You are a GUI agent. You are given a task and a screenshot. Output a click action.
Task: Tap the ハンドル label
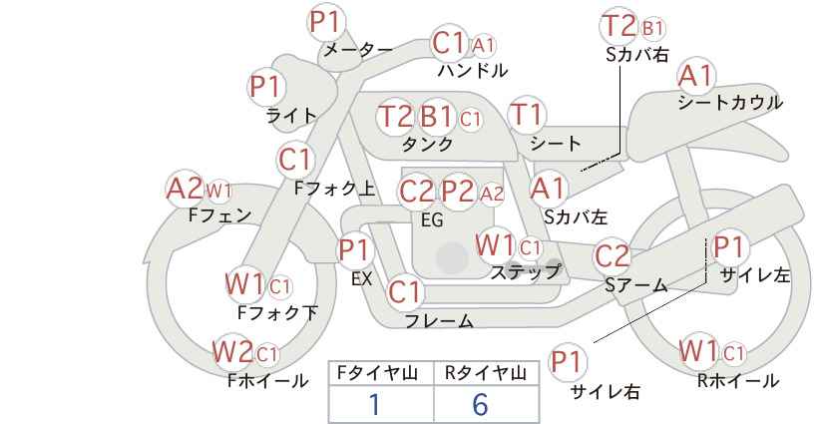[x=473, y=71]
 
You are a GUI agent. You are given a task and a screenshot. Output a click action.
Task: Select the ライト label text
[x=290, y=116]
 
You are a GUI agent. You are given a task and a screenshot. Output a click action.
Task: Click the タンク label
[x=427, y=145]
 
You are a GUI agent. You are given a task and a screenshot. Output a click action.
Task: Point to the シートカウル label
[x=729, y=102]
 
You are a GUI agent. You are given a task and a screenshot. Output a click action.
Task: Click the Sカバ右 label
[x=636, y=56]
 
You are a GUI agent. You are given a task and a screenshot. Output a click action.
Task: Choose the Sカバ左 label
[x=576, y=214]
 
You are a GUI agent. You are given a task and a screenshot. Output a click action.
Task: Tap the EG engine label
[x=432, y=220]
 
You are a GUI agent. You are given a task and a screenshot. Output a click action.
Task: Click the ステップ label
[x=525, y=271]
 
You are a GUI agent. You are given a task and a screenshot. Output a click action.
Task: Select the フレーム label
[x=438, y=321]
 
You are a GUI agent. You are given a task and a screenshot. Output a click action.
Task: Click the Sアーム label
[x=635, y=285]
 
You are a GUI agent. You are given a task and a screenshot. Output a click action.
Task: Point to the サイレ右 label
[x=606, y=392]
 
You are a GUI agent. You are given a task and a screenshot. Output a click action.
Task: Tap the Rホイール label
[x=737, y=380]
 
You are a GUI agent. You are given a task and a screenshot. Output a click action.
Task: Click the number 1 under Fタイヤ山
[x=374, y=404]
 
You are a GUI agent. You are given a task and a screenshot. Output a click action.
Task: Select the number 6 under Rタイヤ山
[x=480, y=404]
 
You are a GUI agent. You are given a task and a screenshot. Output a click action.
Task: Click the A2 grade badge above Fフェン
[x=185, y=188]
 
